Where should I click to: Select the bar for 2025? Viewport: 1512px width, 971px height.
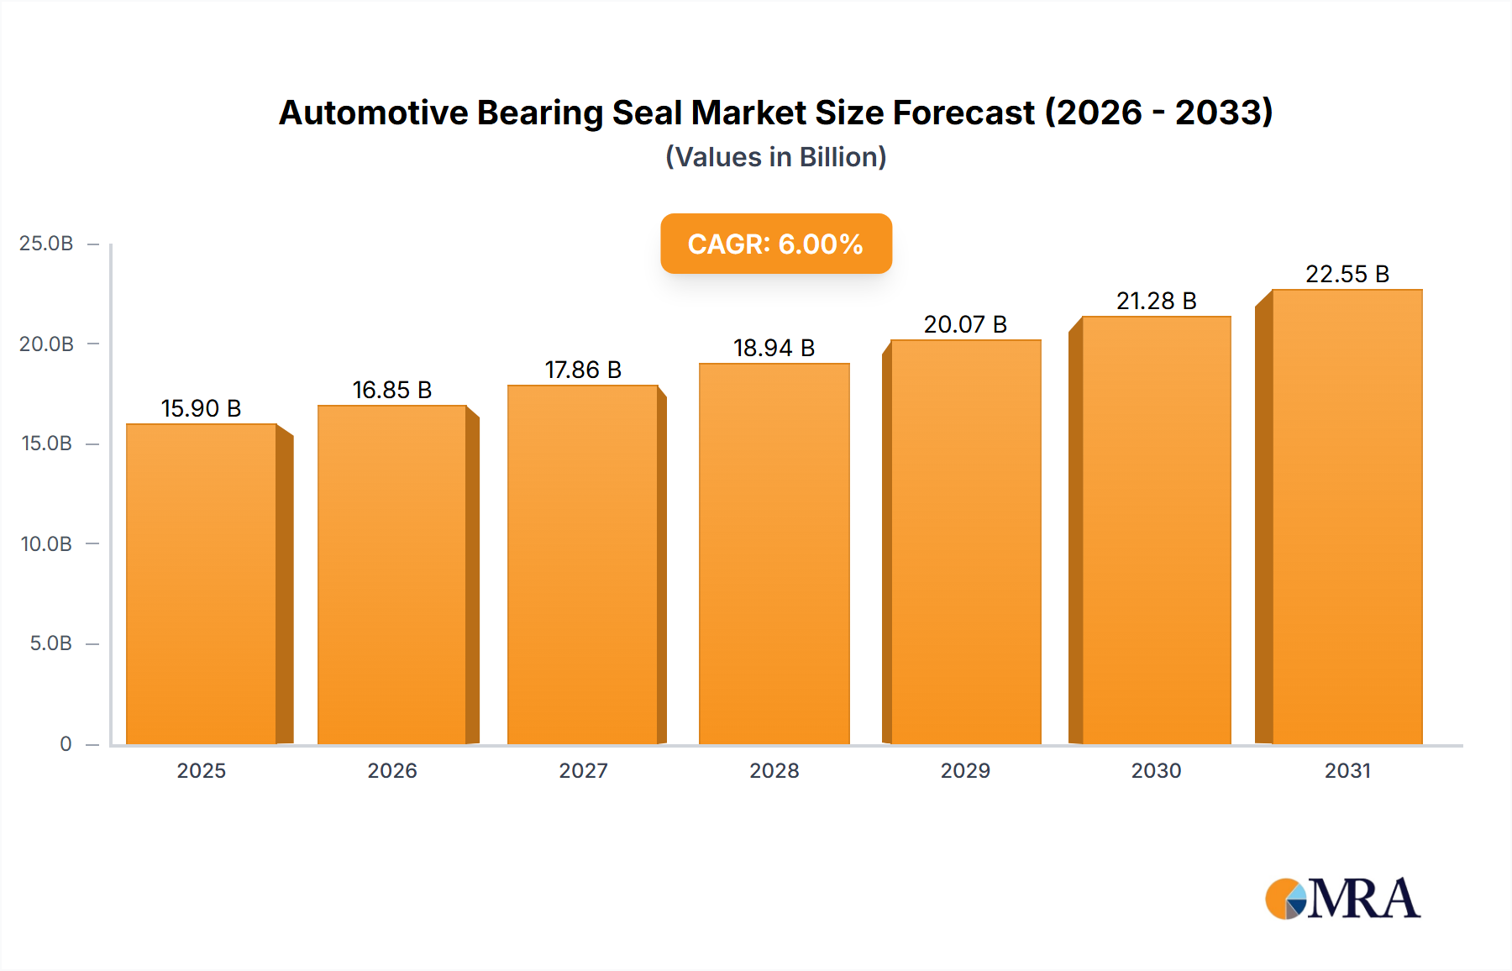(202, 584)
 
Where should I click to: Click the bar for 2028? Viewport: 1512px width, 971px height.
(774, 554)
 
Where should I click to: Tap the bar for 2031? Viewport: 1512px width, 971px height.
(1347, 517)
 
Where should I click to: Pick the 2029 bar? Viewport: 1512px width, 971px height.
(965, 542)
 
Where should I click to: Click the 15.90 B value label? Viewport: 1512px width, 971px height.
(202, 409)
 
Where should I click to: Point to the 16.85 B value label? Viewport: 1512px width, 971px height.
(392, 391)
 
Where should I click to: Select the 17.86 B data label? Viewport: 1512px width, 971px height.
(583, 370)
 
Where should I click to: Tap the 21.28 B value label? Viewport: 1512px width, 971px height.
(1156, 302)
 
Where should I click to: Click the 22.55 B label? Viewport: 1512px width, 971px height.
(1347, 275)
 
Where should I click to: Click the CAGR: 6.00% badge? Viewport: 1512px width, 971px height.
(775, 244)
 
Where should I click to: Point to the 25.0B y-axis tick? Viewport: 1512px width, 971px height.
(46, 244)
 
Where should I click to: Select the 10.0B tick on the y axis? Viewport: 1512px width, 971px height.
(46, 544)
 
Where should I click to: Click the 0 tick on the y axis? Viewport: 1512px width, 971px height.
(66, 744)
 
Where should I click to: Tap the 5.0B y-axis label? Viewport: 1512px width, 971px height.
(50, 644)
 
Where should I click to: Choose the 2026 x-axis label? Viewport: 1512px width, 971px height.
(392, 771)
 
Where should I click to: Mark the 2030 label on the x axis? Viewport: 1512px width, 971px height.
(1156, 771)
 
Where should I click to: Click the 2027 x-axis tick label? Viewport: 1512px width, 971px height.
(583, 771)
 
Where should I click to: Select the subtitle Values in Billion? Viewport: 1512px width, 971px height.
(775, 157)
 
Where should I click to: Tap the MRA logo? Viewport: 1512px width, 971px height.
(1342, 899)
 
